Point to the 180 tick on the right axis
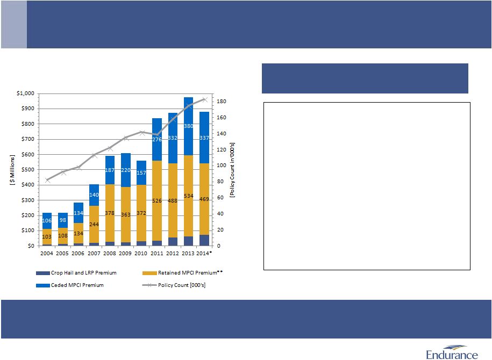[x=222, y=102]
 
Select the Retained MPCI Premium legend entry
[x=187, y=273]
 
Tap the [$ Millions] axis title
[x=12, y=170]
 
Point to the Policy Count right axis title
[x=232, y=170]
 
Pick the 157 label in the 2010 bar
[x=141, y=173]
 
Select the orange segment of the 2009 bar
[x=125, y=215]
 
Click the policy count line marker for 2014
[x=204, y=99]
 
